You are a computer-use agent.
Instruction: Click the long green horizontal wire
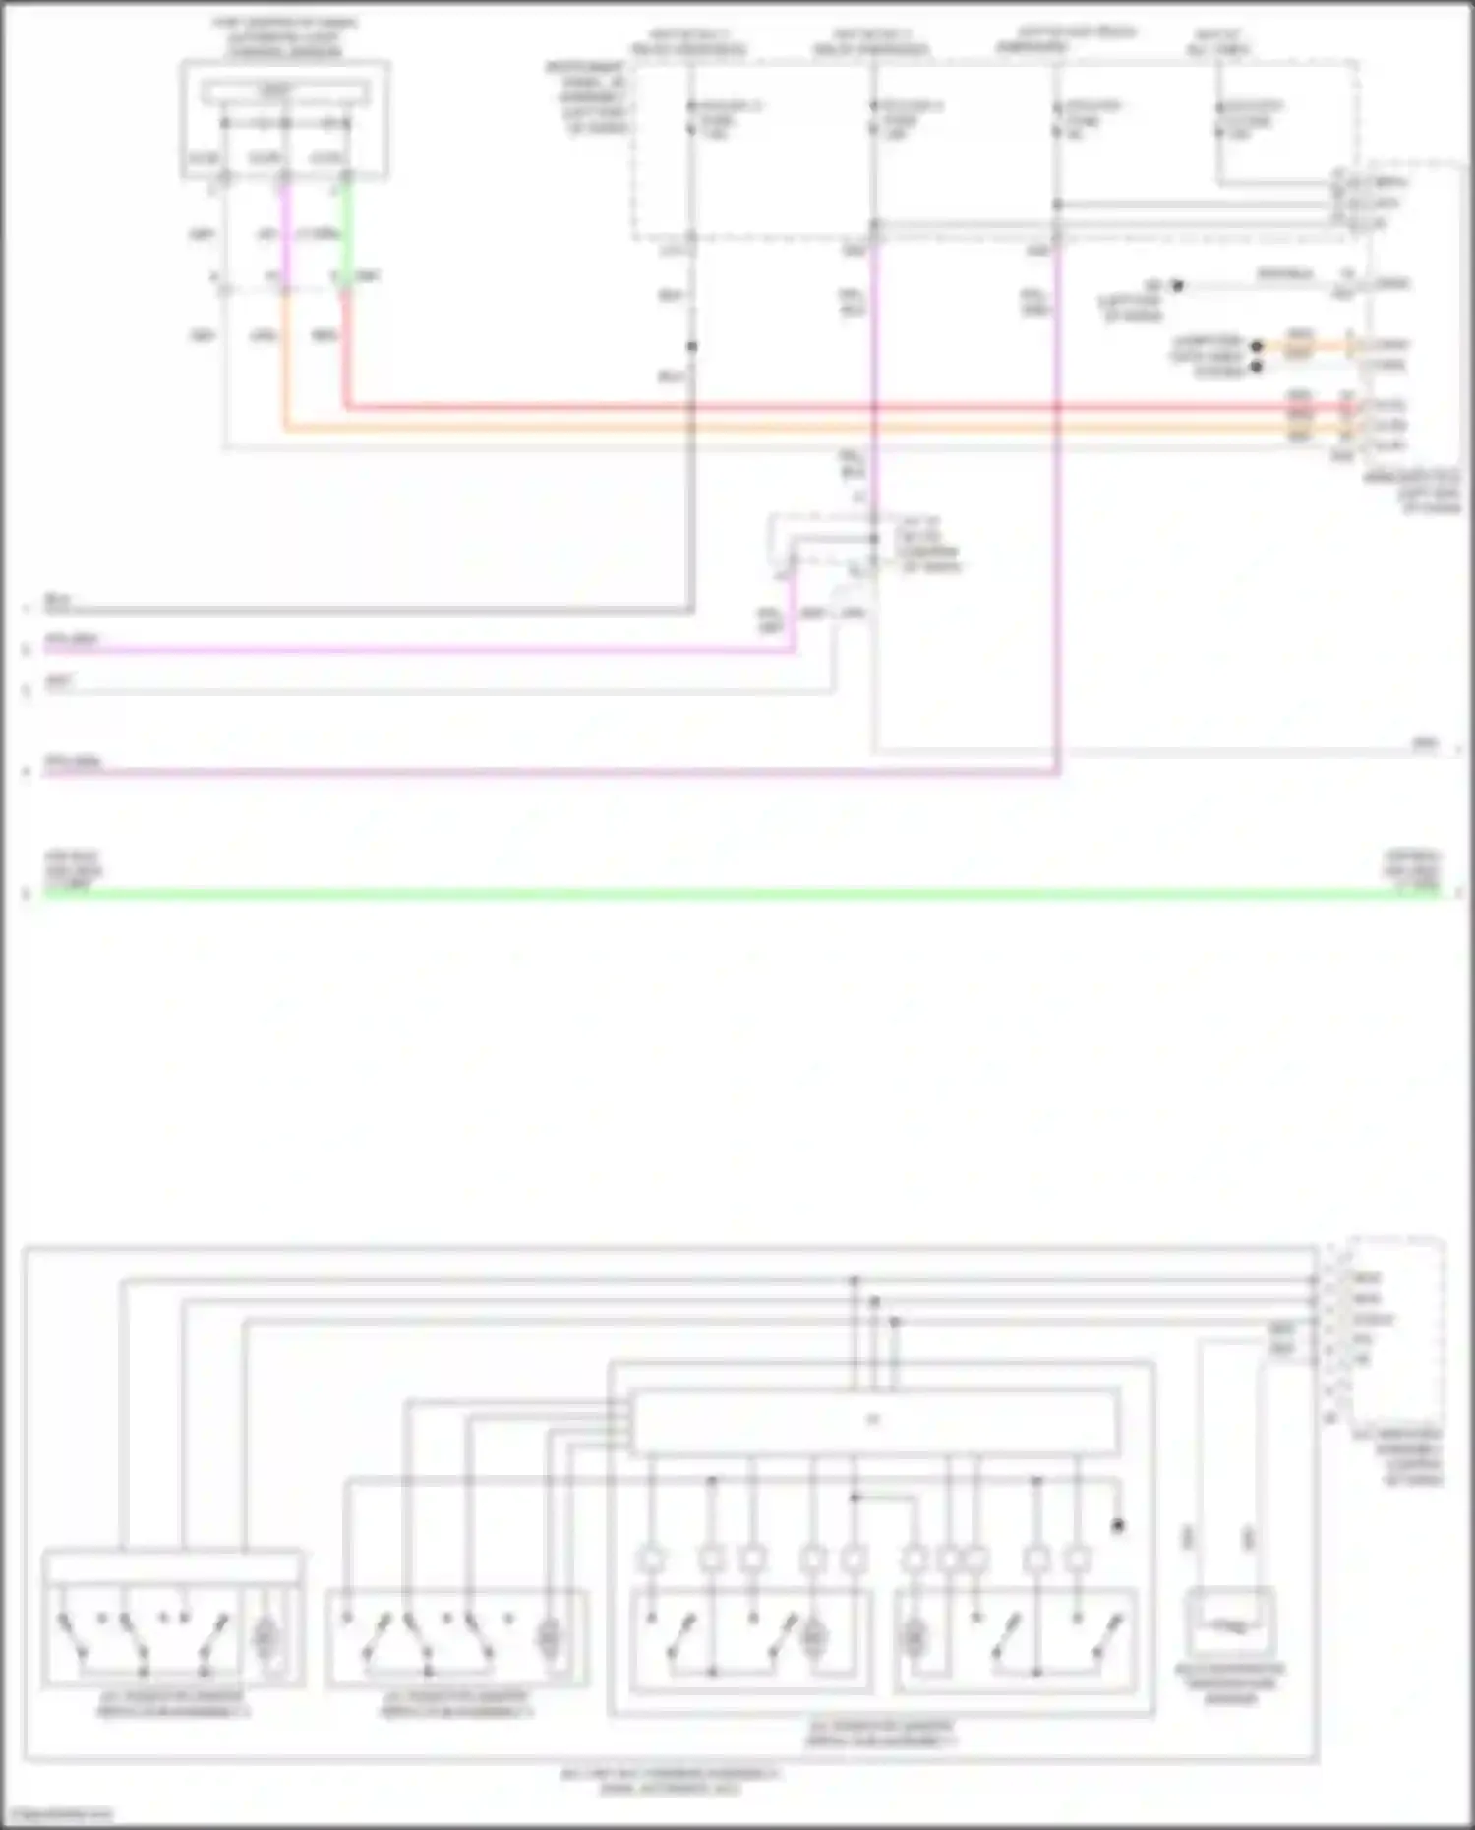point(737,893)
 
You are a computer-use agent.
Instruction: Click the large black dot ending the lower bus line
point(1117,1526)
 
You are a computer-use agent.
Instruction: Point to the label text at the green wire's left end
point(73,871)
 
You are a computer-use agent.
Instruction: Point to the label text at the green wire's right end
point(1412,871)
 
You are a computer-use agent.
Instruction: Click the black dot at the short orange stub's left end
point(1256,346)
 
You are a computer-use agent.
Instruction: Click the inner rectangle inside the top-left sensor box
point(285,93)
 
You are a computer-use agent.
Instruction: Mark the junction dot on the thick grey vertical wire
point(692,346)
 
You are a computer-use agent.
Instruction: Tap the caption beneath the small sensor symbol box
point(1229,1683)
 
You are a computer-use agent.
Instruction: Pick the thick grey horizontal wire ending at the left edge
point(364,610)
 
